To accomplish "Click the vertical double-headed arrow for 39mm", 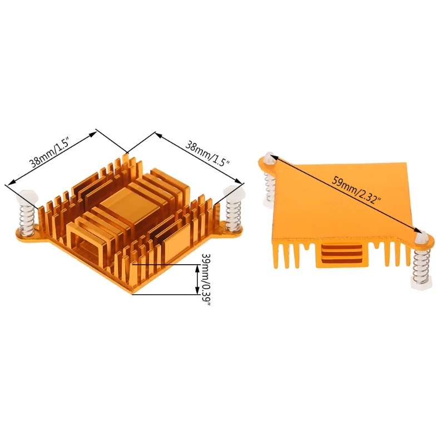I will [196, 280].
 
